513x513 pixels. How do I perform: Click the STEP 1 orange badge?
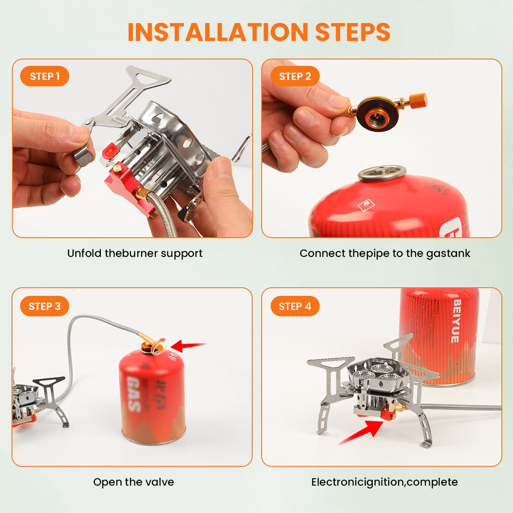44,76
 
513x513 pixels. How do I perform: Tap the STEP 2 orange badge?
295,76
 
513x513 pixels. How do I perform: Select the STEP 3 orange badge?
44,306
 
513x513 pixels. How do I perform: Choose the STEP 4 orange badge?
295,306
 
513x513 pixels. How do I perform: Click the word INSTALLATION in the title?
218,32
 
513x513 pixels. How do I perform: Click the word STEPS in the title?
353,32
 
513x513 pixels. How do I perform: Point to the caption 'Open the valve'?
134,482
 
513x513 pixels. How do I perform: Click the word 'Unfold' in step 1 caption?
84,253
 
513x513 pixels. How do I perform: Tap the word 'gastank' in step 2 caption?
448,254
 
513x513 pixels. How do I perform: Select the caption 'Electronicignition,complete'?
385,482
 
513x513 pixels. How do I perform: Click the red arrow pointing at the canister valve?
189,345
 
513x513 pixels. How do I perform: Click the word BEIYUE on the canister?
456,321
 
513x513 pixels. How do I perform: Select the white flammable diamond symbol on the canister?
366,206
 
